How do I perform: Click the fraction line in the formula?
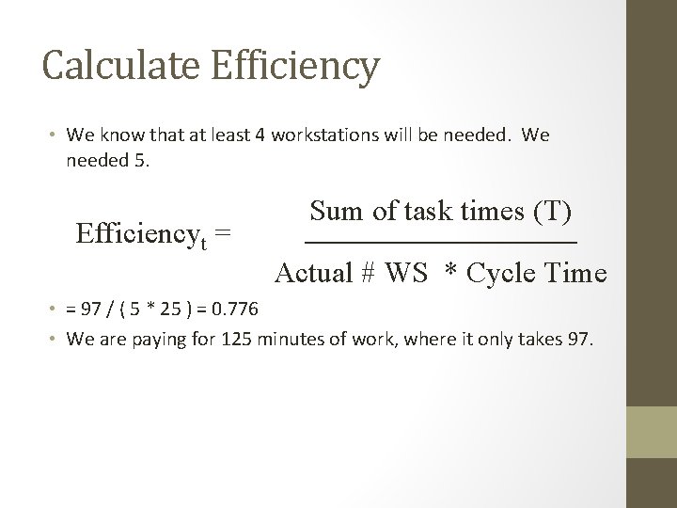[x=442, y=244]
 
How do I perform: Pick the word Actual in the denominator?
[x=313, y=274]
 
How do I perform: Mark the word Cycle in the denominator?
[x=502, y=274]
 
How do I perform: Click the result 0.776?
[x=240, y=310]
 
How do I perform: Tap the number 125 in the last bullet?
[x=237, y=338]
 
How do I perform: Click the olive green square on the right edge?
[x=652, y=432]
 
